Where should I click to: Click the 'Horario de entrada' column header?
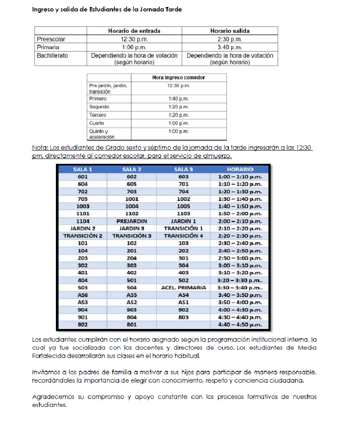pyautogui.click(x=134, y=31)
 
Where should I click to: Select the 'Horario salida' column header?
pyautogui.click(x=230, y=31)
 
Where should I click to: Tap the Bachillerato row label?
pyautogui.click(x=52, y=56)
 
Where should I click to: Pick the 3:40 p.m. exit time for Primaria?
pyautogui.click(x=230, y=47)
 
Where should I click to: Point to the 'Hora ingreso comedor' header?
pyautogui.click(x=178, y=78)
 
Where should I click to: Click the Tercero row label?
pyautogui.click(x=98, y=115)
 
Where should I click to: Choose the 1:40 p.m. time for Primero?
pyautogui.click(x=178, y=99)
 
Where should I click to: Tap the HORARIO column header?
pyautogui.click(x=240, y=170)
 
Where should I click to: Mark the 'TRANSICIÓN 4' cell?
pyautogui.click(x=184, y=236)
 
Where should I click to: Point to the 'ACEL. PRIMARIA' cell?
pyautogui.click(x=184, y=288)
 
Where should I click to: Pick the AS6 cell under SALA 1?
pyautogui.click(x=82, y=295)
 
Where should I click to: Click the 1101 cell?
pyautogui.click(x=82, y=214)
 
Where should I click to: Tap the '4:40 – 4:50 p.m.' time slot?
pyautogui.click(x=240, y=325)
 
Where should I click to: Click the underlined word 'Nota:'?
pyautogui.click(x=40, y=148)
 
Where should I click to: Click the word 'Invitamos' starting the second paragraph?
pyautogui.click(x=46, y=372)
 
